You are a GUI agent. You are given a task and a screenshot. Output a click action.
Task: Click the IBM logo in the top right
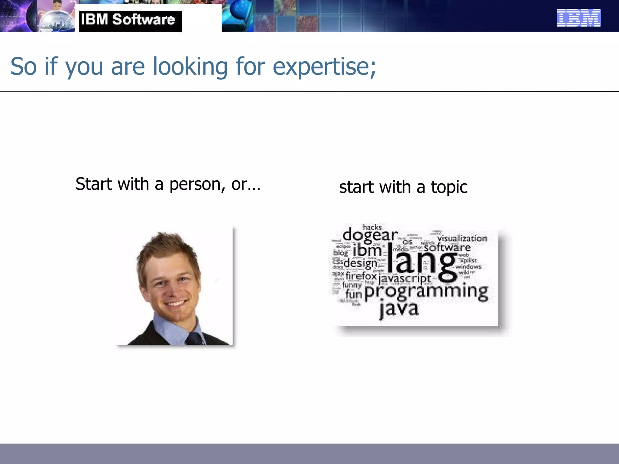[578, 18]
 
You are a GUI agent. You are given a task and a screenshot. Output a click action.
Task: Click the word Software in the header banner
[144, 20]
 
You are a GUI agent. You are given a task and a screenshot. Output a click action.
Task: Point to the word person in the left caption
[195, 185]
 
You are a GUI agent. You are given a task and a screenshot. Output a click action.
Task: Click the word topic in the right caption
[449, 187]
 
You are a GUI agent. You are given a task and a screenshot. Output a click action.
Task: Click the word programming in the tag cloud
[426, 292]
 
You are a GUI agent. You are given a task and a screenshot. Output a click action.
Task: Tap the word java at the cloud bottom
[399, 309]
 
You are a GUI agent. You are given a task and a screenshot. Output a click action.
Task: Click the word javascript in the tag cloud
[405, 279]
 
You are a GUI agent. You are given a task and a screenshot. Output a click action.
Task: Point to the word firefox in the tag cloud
[361, 276]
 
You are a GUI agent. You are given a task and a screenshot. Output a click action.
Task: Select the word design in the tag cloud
[360, 263]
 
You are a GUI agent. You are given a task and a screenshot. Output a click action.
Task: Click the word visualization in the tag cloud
[462, 238]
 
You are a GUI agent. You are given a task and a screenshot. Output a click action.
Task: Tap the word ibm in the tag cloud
[367, 250]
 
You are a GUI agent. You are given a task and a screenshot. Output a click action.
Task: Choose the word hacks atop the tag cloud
[372, 227]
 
